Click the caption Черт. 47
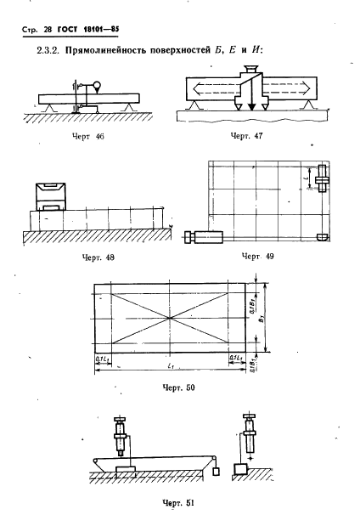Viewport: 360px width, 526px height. [x=246, y=135]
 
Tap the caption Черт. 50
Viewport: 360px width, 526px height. [x=178, y=387]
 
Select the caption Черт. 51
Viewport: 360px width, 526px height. [x=178, y=502]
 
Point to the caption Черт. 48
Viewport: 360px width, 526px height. [x=98, y=257]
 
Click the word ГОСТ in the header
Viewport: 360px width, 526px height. [x=67, y=30]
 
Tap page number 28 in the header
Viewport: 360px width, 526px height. [x=48, y=30]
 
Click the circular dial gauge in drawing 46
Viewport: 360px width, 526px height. [x=97, y=86]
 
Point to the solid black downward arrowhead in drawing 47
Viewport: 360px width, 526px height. [x=251, y=107]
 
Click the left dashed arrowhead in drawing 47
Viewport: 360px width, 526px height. [x=198, y=88]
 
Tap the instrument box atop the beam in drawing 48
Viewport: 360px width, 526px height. [x=51, y=196]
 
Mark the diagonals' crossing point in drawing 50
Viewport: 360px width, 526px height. [x=170, y=318]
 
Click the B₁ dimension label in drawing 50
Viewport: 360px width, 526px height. [x=262, y=319]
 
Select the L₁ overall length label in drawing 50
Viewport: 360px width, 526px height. [x=170, y=365]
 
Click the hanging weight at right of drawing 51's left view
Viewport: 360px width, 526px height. [x=216, y=472]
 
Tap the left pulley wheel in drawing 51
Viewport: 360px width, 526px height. [x=96, y=460]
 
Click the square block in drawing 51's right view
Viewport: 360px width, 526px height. [x=240, y=468]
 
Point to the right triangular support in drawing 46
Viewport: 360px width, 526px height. [x=129, y=108]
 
